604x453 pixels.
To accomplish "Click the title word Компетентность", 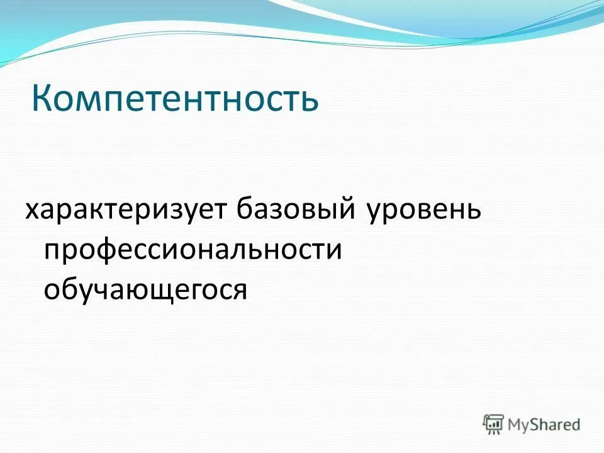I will tap(175, 99).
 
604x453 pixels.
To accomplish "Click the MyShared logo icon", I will tap(494, 423).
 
